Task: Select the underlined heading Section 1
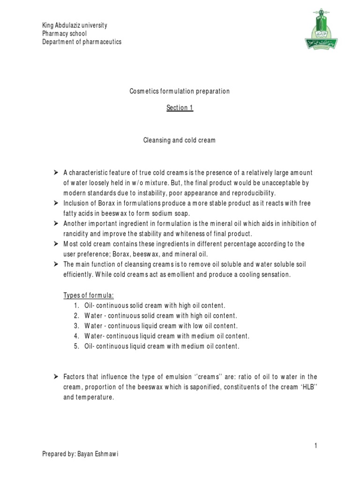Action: [x=180, y=108]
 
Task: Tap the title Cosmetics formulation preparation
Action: [x=180, y=91]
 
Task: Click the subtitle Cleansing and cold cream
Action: [x=180, y=141]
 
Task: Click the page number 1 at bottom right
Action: [x=316, y=446]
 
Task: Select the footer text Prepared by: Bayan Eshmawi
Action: [x=81, y=454]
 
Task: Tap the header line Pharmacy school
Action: [x=64, y=34]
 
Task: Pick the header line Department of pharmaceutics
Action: [x=82, y=42]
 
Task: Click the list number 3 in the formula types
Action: [x=76, y=326]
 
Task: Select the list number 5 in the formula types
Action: [x=76, y=346]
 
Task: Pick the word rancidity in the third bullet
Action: [x=77, y=234]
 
